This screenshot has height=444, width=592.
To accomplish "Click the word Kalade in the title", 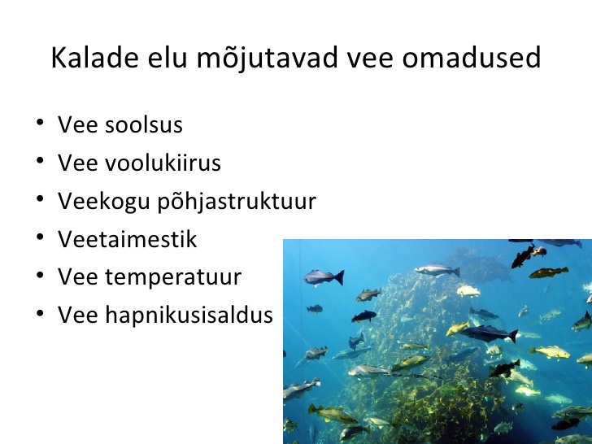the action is (95, 58).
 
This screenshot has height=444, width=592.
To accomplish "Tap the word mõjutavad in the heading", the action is (268, 59).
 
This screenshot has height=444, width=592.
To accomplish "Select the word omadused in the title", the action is (472, 58).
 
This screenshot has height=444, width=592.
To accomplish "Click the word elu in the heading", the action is (168, 58).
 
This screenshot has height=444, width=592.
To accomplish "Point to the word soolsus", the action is (144, 124).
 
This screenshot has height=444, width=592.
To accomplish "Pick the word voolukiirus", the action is (163, 163).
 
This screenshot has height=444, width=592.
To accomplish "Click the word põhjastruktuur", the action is (237, 202).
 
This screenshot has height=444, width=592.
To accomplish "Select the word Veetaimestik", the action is (127, 238).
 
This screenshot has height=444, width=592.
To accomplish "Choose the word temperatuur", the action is (173, 278).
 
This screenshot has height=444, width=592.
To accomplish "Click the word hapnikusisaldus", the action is (189, 316).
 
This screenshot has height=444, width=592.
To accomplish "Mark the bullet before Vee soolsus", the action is (40, 122).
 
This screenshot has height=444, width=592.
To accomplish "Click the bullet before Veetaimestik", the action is (40, 237).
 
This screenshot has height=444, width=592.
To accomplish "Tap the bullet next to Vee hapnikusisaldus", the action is (40, 313).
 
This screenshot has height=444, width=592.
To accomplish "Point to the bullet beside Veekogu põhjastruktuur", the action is (40, 198).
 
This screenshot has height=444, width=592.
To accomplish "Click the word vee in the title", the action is (370, 59).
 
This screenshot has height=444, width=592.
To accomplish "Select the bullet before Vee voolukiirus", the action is (40, 160).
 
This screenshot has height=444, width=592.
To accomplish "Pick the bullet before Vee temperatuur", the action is (40, 275).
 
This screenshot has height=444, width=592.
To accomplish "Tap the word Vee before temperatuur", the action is (78, 276).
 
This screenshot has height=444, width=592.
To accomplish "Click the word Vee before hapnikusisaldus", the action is (78, 315).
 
